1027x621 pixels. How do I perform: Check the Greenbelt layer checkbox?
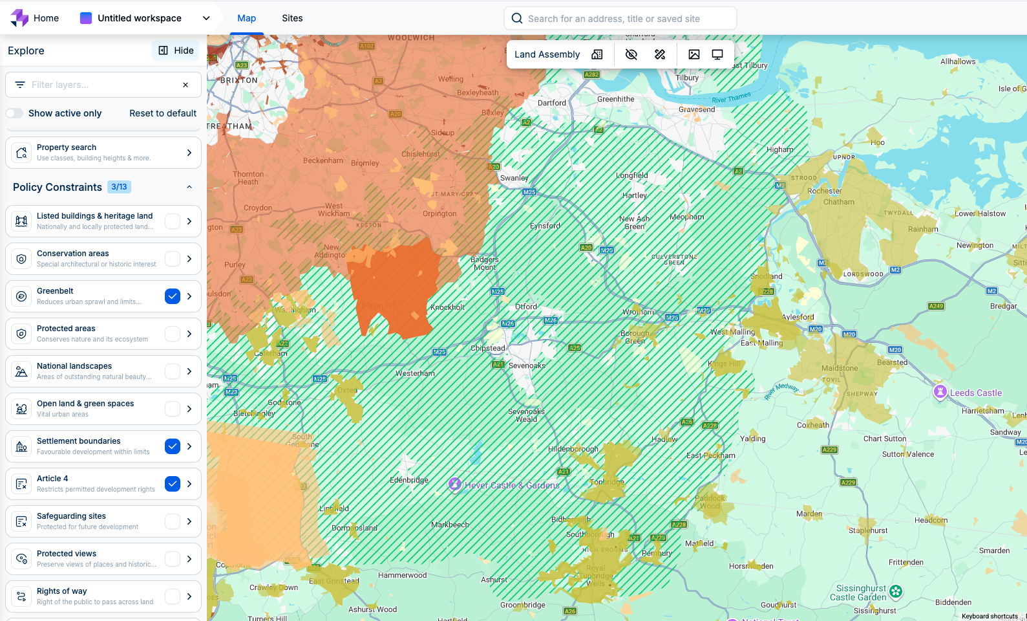(x=173, y=296)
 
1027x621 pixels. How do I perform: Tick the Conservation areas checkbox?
(x=173, y=259)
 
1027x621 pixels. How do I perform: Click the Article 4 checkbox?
(x=173, y=484)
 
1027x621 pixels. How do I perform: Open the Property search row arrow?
(x=189, y=153)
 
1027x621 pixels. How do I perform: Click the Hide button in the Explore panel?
(x=176, y=50)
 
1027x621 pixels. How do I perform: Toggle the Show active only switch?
(x=15, y=113)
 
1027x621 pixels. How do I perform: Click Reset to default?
(x=163, y=113)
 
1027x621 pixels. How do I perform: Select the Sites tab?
(x=292, y=18)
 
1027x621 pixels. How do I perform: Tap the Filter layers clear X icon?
(x=185, y=85)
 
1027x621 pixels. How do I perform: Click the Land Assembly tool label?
(x=547, y=54)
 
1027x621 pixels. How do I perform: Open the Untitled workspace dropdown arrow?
(x=206, y=18)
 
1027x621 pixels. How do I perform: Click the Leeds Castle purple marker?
(x=940, y=391)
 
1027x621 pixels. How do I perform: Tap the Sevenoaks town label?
(x=527, y=365)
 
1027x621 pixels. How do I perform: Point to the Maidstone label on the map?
(x=840, y=368)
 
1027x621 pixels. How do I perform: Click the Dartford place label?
(x=552, y=103)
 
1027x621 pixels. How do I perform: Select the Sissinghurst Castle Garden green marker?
(x=896, y=591)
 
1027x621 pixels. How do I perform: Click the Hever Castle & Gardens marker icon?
(x=455, y=484)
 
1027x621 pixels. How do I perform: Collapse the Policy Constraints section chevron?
(x=189, y=187)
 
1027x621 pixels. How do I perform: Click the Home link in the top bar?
(x=46, y=18)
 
